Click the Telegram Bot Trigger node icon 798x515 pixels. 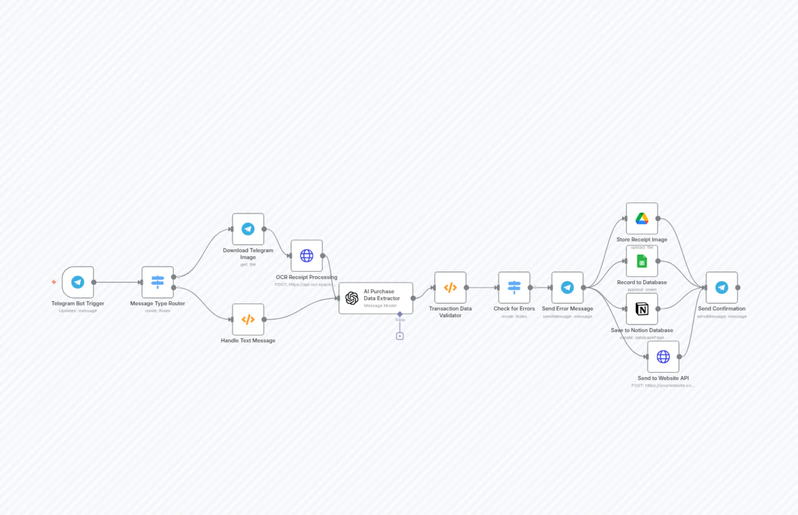click(78, 282)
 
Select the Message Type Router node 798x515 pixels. click(158, 282)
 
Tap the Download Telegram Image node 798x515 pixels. click(248, 229)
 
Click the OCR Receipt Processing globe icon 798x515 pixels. click(307, 256)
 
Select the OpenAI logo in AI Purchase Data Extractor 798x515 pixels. click(352, 298)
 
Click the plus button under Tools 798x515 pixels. click(400, 336)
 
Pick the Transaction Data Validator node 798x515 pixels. click(450, 288)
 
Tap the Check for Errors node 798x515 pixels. click(514, 288)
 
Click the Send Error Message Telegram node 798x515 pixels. click(568, 288)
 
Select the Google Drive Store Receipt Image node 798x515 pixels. click(642, 218)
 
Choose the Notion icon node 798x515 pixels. click(642, 309)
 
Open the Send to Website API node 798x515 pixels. click(663, 357)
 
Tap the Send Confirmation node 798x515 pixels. click(722, 288)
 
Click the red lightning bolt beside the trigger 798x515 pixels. click(54, 282)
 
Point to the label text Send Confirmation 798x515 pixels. click(722, 309)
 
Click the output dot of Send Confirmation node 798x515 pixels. click(738, 288)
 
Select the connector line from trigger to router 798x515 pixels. click(117, 282)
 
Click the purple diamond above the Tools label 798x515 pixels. click(400, 314)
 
